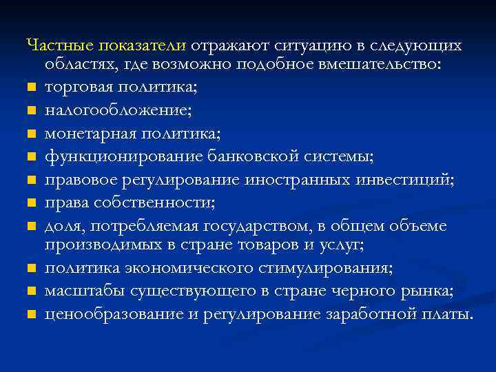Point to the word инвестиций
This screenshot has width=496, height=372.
click(x=411, y=179)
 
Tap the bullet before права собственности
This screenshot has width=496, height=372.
click(x=31, y=203)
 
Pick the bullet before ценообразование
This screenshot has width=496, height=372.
click(x=31, y=315)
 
